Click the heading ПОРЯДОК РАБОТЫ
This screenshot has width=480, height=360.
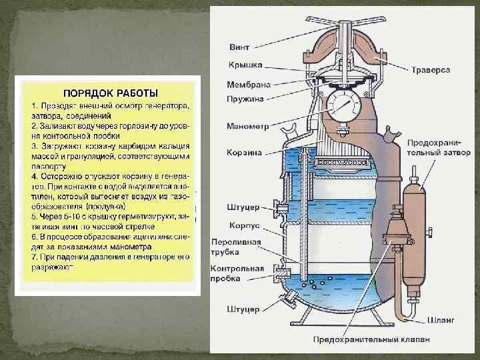click(110, 92)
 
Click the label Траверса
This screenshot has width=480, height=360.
click(431, 69)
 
